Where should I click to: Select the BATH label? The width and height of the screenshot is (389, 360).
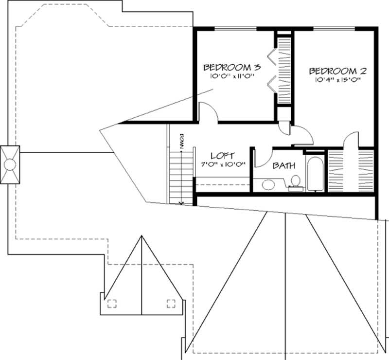tap(284, 165)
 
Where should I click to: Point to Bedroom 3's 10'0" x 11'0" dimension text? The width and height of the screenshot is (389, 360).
tap(232, 76)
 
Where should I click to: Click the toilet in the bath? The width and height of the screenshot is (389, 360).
tap(294, 182)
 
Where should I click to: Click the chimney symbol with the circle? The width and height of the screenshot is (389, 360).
tap(10, 165)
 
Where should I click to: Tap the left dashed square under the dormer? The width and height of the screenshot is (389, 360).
tap(112, 304)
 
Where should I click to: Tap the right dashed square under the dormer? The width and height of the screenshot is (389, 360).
tap(171, 304)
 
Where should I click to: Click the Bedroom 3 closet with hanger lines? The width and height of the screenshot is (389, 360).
tap(283, 68)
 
